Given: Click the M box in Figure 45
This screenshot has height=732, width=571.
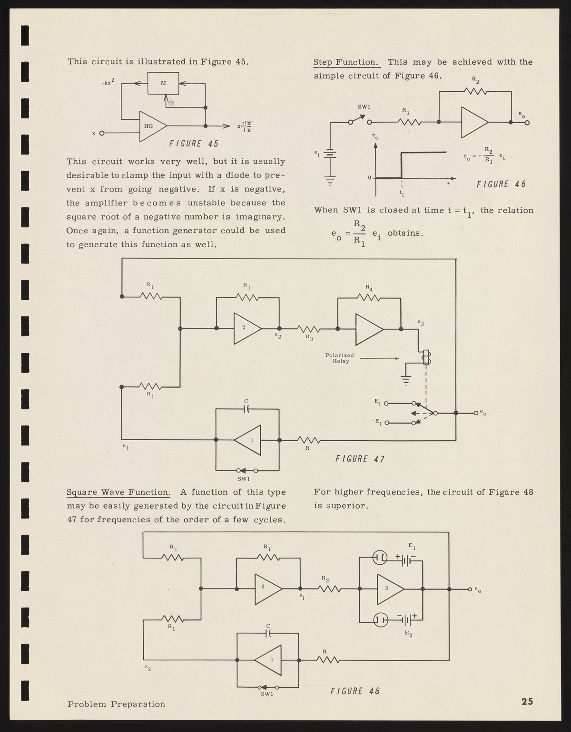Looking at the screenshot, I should pyautogui.click(x=163, y=83).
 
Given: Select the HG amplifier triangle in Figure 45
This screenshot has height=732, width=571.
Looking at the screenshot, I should pyautogui.click(x=151, y=126).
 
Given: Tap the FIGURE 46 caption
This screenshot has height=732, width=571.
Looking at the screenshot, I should pyautogui.click(x=501, y=184).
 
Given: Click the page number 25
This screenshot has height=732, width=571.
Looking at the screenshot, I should pyautogui.click(x=527, y=702).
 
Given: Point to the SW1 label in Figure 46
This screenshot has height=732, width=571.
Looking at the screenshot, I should pyautogui.click(x=364, y=106).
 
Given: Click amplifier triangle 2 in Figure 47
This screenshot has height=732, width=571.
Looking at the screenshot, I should pyautogui.click(x=246, y=328).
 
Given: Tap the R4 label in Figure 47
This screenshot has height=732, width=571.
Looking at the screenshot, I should pyautogui.click(x=369, y=287).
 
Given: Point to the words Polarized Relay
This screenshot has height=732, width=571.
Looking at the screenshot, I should pyautogui.click(x=339, y=358).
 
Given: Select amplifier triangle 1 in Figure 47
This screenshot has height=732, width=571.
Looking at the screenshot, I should pyautogui.click(x=249, y=440).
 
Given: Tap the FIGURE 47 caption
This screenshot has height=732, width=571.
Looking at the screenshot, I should pyautogui.click(x=360, y=459).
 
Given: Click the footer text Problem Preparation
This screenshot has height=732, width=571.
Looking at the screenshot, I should pyautogui.click(x=116, y=704).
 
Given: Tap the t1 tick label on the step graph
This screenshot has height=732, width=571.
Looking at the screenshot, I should pyautogui.click(x=402, y=193).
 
